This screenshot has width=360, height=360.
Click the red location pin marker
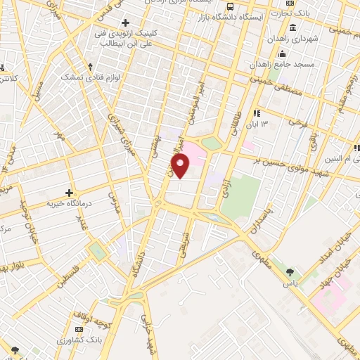coord(181,167)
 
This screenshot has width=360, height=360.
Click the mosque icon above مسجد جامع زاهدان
coord(283,55)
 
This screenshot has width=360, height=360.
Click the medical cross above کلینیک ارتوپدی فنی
coord(125,22)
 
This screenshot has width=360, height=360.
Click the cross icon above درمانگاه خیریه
coord(69,193)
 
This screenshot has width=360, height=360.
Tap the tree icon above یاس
coord(290,271)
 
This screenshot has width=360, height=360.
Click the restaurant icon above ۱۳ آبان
coord(257,112)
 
